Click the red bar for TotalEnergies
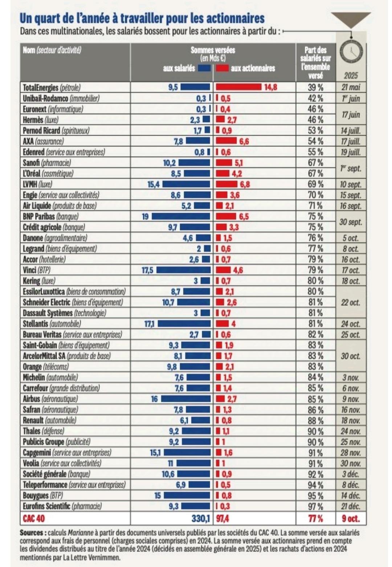pyautogui.click(x=238, y=87)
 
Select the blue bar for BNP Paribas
pyautogui.click(x=181, y=216)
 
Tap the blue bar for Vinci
pyautogui.click(x=183, y=270)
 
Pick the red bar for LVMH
pyautogui.click(x=227, y=184)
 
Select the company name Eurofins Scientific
pyautogui.click(x=47, y=506)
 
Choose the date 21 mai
pyautogui.click(x=351, y=87)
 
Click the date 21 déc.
pyautogui.click(x=351, y=506)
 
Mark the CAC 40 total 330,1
pyautogui.click(x=201, y=518)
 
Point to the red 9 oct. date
pyautogui.click(x=350, y=518)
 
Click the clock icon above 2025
pyautogui.click(x=351, y=52)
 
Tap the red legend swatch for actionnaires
pyautogui.click(x=222, y=68)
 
